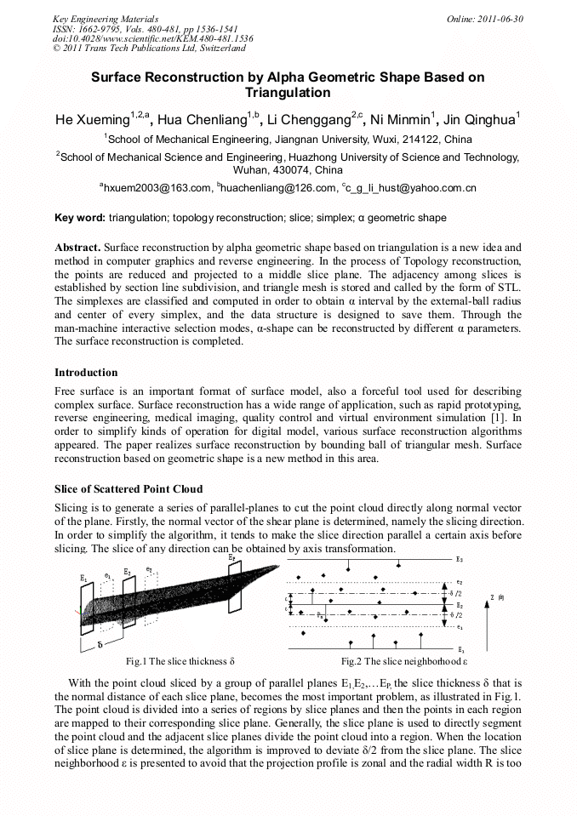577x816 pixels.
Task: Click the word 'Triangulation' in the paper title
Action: click(288, 93)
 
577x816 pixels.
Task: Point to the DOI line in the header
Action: click(152, 39)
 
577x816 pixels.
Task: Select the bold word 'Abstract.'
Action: click(77, 247)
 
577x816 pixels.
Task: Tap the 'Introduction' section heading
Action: click(86, 373)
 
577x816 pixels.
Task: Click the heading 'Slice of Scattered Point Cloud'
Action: click(129, 488)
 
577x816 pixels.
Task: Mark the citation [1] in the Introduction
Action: click(500, 419)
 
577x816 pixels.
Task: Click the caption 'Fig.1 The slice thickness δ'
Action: click(180, 661)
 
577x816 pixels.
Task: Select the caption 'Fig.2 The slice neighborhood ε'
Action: click(404, 661)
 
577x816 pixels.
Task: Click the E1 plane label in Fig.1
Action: click(83, 579)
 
